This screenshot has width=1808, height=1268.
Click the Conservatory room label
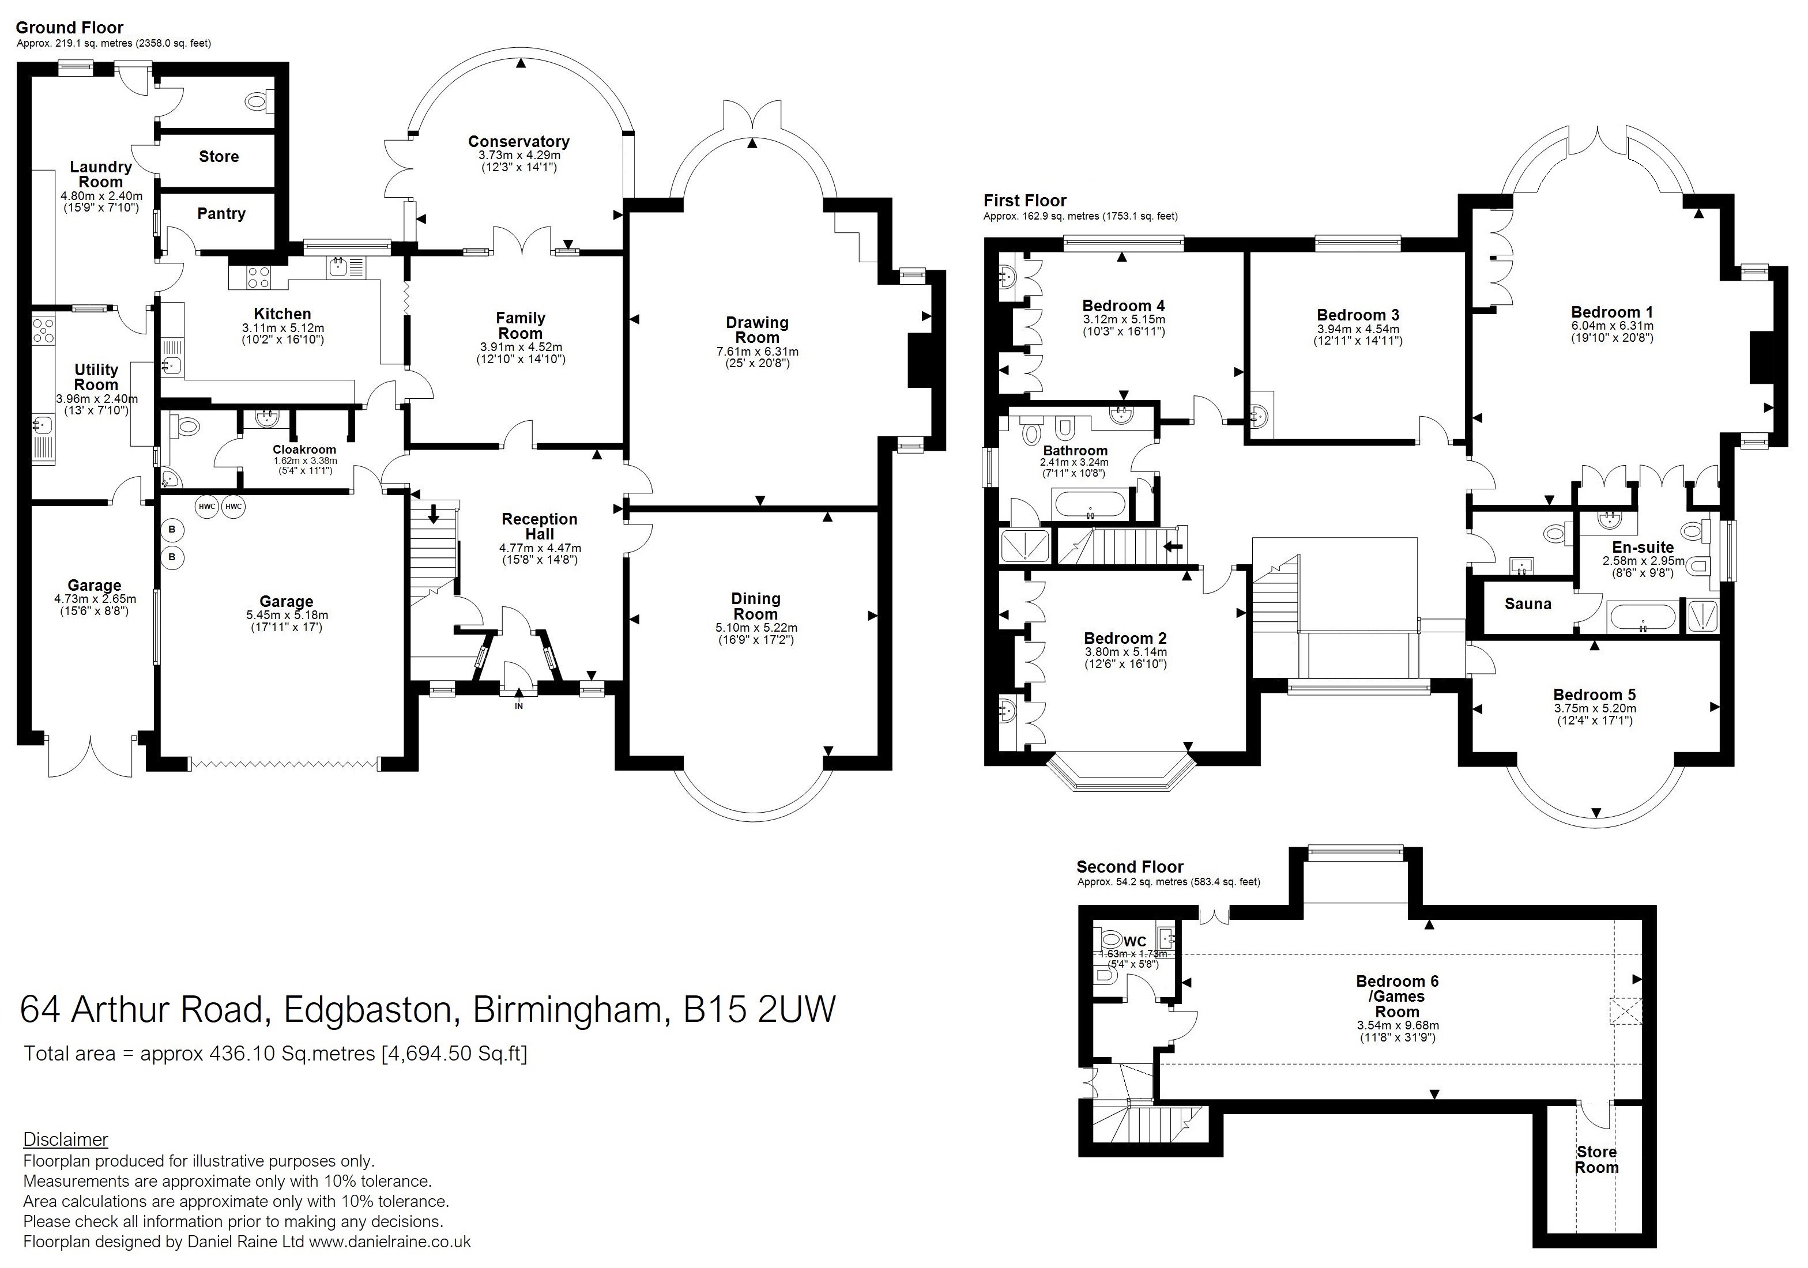[x=518, y=142]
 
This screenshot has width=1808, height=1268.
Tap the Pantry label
[x=221, y=213]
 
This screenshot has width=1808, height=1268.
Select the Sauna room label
[x=1528, y=603]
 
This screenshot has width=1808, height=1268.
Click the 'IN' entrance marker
[x=519, y=706]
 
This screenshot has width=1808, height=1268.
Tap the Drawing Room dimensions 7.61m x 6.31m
[x=757, y=352]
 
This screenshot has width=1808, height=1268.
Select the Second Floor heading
[x=1130, y=867]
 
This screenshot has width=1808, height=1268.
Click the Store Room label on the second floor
[x=1596, y=1160]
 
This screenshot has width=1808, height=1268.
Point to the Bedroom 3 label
[x=1359, y=315]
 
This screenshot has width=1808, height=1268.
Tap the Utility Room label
[x=96, y=377]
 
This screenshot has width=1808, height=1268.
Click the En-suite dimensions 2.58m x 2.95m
[x=1644, y=561]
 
